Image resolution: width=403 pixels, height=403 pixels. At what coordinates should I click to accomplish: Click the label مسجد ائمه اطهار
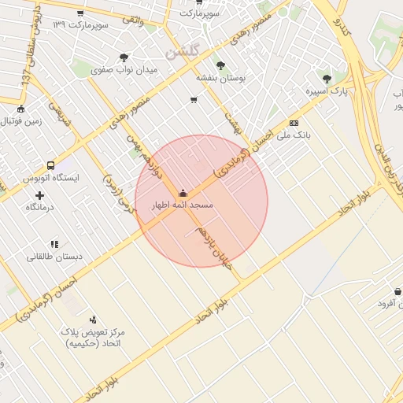click(183, 205)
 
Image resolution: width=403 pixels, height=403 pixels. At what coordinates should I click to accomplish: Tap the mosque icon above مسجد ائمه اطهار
click(183, 193)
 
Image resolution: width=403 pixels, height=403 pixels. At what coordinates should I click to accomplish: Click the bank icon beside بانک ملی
click(294, 123)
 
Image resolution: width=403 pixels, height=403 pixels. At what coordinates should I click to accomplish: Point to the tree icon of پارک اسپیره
click(327, 78)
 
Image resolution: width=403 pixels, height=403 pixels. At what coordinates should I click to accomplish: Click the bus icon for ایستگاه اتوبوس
click(51, 166)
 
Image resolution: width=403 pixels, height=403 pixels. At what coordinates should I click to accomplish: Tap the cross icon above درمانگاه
click(39, 194)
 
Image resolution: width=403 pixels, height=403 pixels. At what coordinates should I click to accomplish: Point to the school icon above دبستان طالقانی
click(54, 244)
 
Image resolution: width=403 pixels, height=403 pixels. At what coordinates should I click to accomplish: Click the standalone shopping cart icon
click(194, 100)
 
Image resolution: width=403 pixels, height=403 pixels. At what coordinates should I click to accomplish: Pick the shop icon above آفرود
click(397, 291)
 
